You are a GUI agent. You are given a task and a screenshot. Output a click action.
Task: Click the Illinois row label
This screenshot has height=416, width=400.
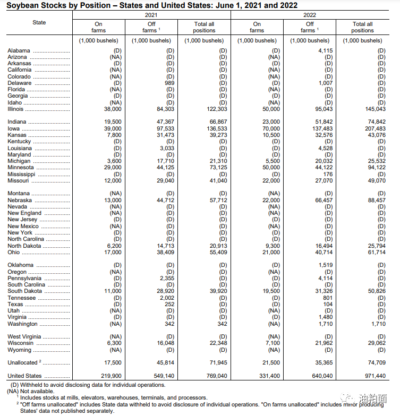pos(16,109)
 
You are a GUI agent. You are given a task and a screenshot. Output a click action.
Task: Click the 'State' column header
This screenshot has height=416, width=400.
pos(39,22)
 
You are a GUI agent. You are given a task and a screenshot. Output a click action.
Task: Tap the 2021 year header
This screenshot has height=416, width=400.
pos(151,15)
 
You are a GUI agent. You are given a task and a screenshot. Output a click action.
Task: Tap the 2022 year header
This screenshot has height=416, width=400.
pos(310,15)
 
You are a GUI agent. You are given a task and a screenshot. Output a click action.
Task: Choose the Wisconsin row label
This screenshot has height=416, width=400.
pos(21,343)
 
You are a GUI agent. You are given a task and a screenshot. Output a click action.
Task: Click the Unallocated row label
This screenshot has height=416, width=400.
pos(22,363)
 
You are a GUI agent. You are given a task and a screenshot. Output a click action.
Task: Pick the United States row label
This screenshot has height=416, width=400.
pos(24,376)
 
